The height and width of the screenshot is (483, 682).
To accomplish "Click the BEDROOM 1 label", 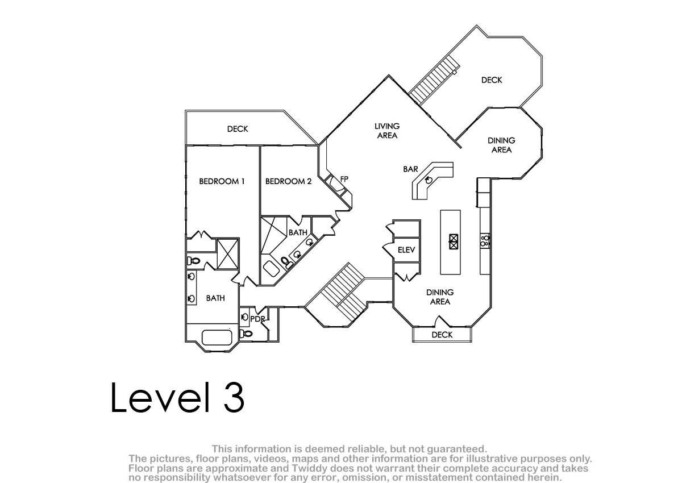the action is coord(222,181).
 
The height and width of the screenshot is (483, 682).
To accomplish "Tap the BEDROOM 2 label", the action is coord(288,181).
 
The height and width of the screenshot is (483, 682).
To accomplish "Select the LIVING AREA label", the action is coord(387,131).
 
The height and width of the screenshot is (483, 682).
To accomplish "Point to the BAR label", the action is coord(410,169).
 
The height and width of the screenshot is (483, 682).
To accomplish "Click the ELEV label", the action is coord(406,250).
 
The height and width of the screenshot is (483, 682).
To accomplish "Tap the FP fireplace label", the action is coord(344,179).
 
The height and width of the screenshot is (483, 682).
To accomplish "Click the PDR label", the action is coord(257,319).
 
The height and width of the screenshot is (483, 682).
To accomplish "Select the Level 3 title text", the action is coord(177,398).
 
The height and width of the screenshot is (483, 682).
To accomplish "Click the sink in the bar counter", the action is coord(429,180).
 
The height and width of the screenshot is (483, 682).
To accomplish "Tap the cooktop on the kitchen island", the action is coord(454,241).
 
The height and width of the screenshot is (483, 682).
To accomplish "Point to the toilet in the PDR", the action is coord(246,334).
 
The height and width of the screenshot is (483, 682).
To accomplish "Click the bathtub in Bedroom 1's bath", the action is coord(217,338).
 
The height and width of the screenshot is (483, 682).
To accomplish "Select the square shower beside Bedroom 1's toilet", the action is coord(228,254).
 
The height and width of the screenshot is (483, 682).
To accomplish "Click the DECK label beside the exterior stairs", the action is coord(492,80).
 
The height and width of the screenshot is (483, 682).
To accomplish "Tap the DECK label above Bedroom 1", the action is coord(238,129).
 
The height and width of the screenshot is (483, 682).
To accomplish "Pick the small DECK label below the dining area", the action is coord(442,335).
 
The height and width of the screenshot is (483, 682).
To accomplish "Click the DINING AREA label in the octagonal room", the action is coord(501,145).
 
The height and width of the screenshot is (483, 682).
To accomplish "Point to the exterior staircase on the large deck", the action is coord(434,80).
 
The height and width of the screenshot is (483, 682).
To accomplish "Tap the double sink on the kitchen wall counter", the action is coord(485,240).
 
